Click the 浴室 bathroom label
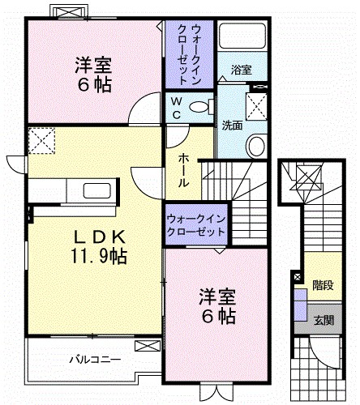click(241, 69)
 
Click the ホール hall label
click(184, 171)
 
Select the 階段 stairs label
click(324, 284)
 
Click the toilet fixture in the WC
click(204, 106)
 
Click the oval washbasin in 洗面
click(256, 146)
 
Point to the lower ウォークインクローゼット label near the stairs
click(195, 225)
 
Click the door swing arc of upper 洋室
click(146, 106)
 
